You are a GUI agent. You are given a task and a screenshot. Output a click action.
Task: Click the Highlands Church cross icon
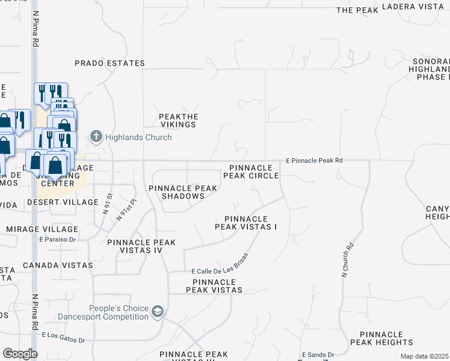coord(96,137)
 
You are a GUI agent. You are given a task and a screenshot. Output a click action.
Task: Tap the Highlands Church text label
coord(138,137)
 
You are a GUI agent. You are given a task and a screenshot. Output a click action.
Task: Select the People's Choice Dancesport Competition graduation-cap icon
coord(158,310)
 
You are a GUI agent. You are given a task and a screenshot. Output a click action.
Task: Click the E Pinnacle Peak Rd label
coord(314,161)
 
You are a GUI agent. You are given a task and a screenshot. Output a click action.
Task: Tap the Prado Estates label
coord(110,63)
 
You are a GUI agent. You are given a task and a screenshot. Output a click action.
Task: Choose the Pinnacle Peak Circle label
coord(251,171)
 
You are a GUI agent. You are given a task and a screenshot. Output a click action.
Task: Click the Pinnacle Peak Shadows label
coord(183,193)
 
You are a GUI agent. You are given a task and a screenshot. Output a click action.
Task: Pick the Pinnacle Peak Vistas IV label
coord(141,246)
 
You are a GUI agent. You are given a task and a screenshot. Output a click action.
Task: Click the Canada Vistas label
coord(58,265)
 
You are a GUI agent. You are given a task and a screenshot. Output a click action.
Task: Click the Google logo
coord(20,354)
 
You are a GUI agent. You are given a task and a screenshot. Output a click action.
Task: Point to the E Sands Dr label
coord(318,355)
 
